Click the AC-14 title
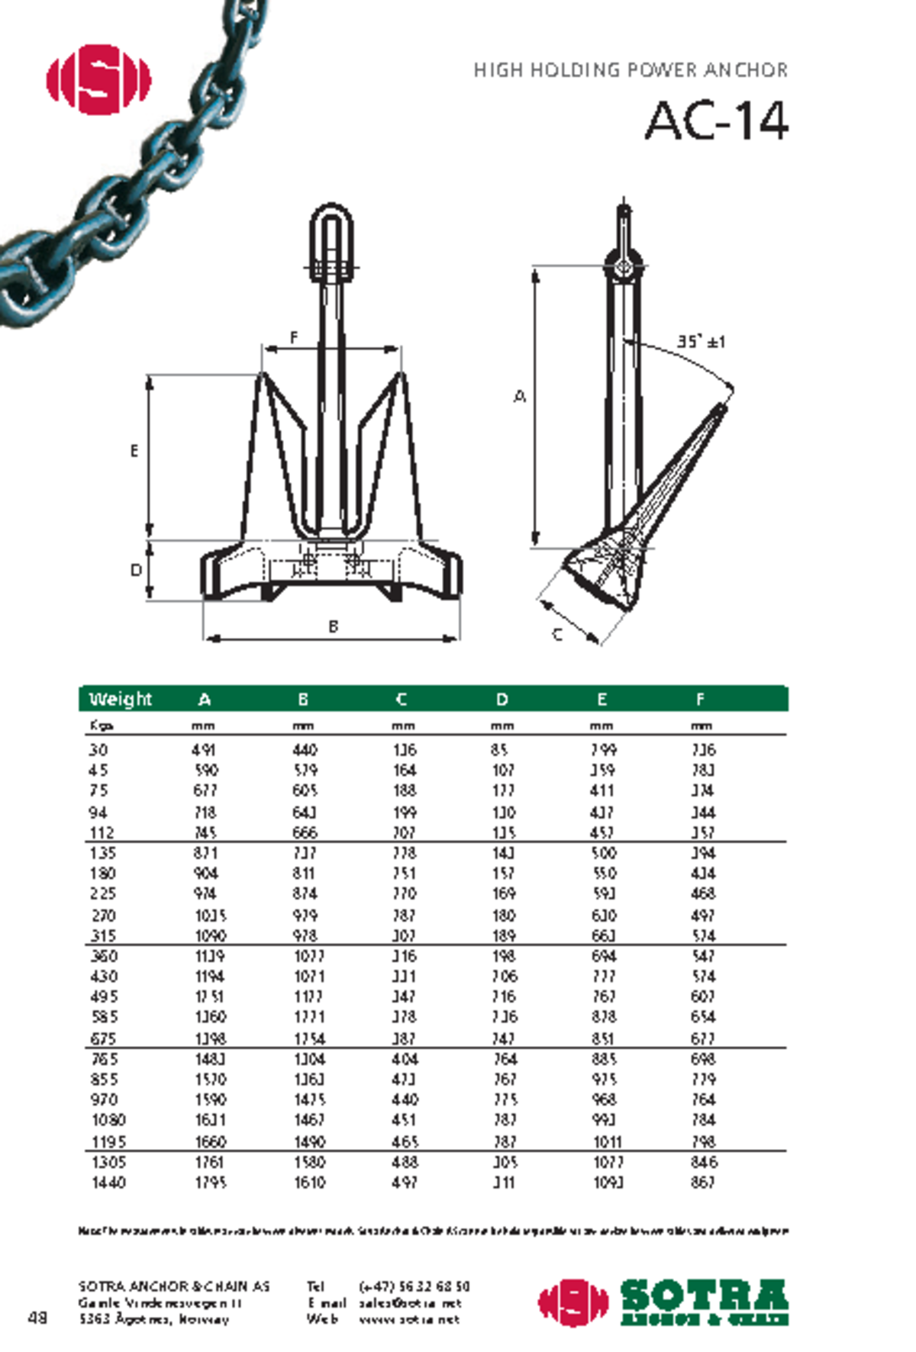716,121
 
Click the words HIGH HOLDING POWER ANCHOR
630,70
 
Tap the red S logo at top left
98,79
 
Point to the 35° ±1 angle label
701,341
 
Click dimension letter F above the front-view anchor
294,336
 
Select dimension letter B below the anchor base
333,626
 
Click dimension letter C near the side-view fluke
557,634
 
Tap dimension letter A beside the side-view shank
520,396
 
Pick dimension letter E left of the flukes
134,451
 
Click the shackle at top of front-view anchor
331,238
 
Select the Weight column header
120,699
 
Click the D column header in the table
502,699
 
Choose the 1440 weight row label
108,1183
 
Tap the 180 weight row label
102,873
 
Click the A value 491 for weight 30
204,750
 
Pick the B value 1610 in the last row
309,1183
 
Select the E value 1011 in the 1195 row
608,1142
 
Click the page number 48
37,1318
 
